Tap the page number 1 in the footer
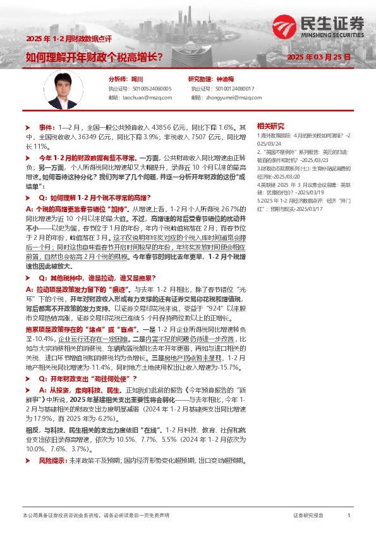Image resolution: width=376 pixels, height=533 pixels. pyautogui.click(x=349, y=516)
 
